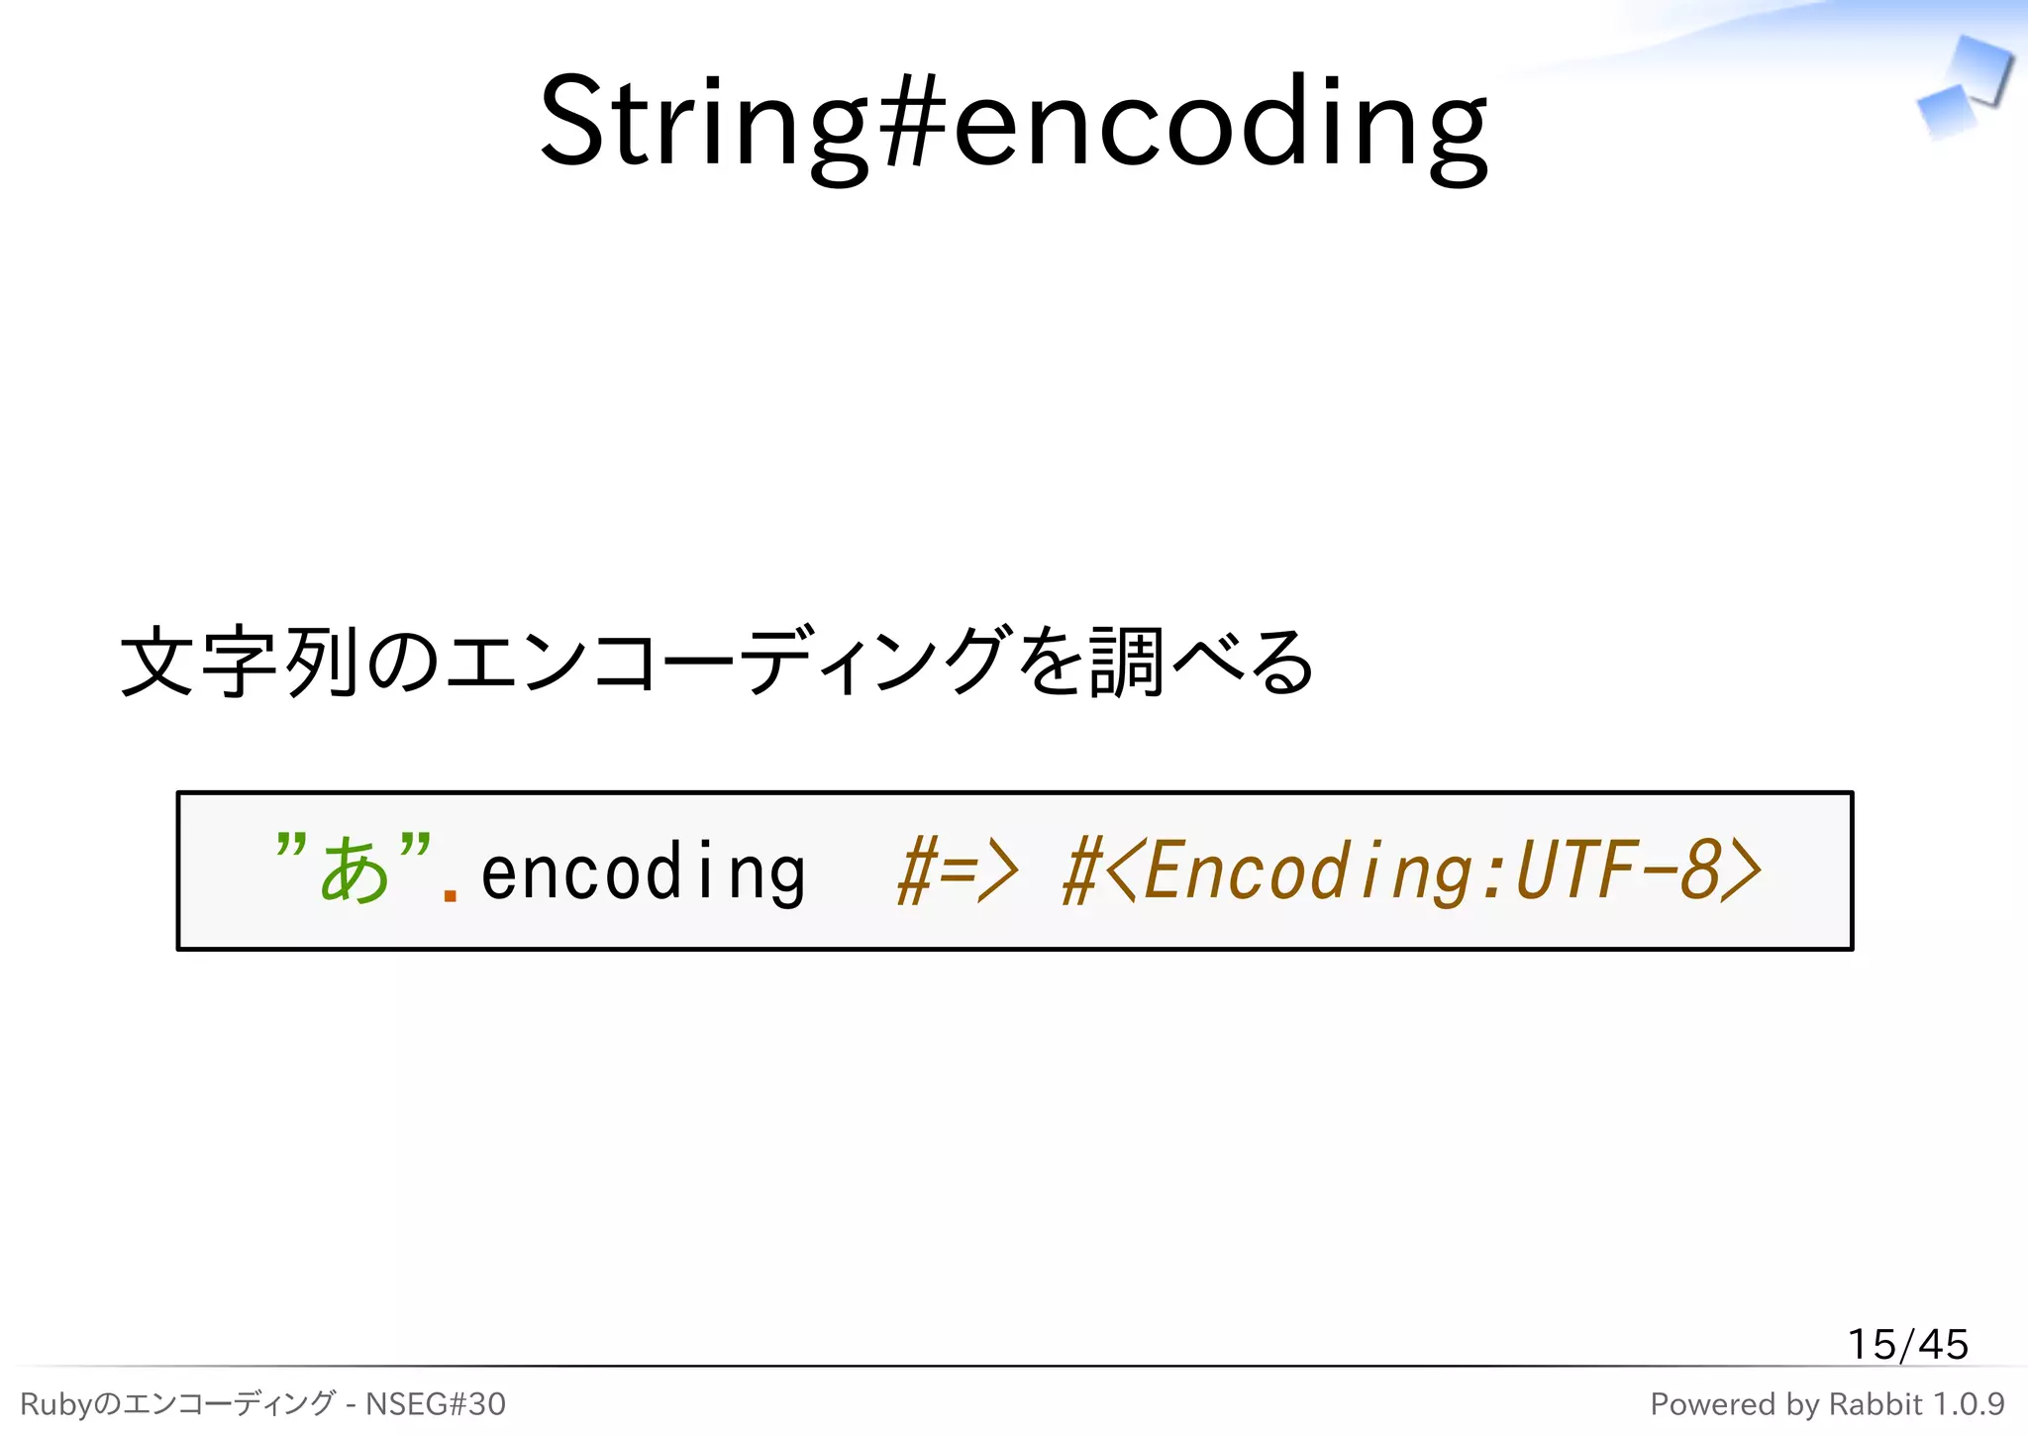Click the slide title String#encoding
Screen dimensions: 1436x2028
pyautogui.click(x=1013, y=124)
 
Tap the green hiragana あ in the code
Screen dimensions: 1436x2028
pyautogui.click(x=354, y=871)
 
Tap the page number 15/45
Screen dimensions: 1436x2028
pyautogui.click(x=1907, y=1345)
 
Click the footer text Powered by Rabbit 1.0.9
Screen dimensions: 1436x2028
pyautogui.click(x=1827, y=1404)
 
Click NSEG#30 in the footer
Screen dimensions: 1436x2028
pyautogui.click(x=436, y=1404)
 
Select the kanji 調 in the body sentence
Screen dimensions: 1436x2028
pyautogui.click(x=1125, y=662)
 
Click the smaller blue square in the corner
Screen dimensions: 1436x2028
pyautogui.click(x=1946, y=112)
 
